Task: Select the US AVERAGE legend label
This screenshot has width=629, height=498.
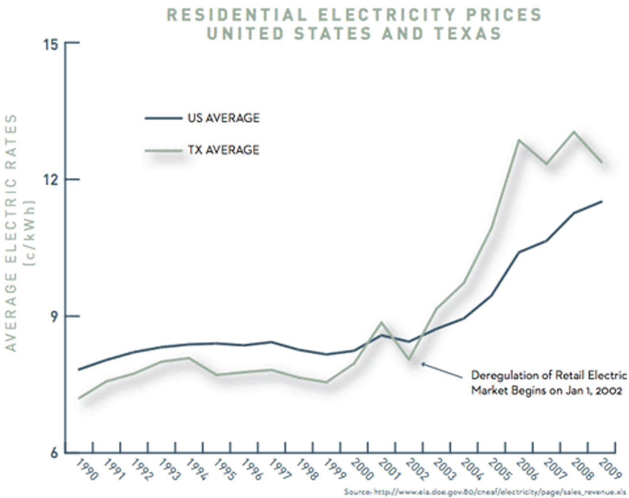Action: tap(223, 118)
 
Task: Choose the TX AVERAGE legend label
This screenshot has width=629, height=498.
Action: tap(223, 149)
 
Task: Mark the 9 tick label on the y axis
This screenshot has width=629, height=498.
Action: tap(54, 316)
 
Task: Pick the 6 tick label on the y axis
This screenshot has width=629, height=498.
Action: tap(54, 452)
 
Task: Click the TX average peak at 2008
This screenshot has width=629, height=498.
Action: tap(574, 132)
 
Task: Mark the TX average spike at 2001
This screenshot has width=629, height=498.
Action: tap(382, 322)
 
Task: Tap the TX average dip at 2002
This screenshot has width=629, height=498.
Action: tap(409, 359)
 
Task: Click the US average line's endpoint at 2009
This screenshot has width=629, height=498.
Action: tap(601, 201)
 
